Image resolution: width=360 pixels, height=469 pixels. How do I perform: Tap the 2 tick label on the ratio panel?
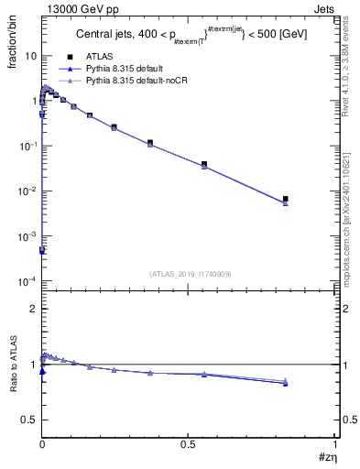tap(33, 309)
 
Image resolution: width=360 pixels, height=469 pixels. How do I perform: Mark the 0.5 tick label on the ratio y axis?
tap(29, 420)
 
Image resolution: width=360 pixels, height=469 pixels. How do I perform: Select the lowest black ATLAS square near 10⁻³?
tap(42, 249)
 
